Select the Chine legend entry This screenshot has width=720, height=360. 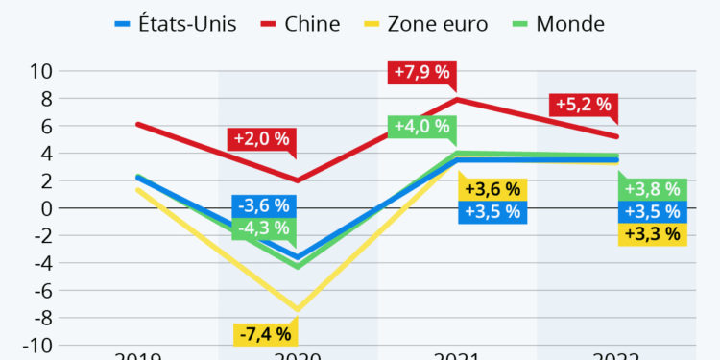(x=300, y=23)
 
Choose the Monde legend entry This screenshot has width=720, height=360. (x=560, y=23)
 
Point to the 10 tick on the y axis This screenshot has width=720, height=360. (x=40, y=71)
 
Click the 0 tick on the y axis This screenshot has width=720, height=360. (x=45, y=208)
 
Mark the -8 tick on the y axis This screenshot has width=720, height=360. (x=40, y=318)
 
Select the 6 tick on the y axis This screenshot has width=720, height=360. (x=45, y=126)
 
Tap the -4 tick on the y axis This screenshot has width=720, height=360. (x=40, y=263)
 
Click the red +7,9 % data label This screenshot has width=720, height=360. (x=419, y=72)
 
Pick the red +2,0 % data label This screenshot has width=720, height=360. (x=259, y=138)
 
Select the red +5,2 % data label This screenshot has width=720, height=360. (x=581, y=105)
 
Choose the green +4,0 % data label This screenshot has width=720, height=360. (x=419, y=127)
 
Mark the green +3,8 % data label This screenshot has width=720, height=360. (x=652, y=189)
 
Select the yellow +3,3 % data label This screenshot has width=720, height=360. (x=652, y=232)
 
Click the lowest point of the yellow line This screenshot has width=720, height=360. (x=298, y=310)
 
